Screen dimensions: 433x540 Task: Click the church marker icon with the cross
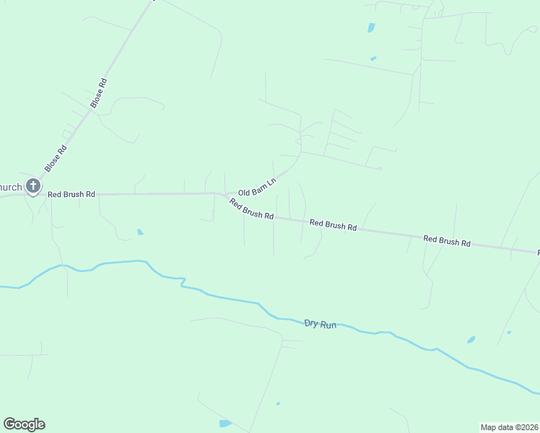click(32, 186)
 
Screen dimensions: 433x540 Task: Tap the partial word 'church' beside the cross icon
click(10, 187)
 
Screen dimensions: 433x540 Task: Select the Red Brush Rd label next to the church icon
click(71, 194)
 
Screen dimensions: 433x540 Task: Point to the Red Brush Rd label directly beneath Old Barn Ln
click(251, 209)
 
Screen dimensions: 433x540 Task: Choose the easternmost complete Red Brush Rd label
click(446, 241)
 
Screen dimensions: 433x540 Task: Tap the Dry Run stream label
click(321, 324)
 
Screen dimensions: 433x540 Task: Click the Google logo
click(24, 424)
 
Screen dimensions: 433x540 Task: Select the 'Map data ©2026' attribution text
click(510, 427)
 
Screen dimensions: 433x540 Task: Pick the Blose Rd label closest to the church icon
click(56, 159)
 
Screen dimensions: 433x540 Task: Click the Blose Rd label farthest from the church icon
click(98, 93)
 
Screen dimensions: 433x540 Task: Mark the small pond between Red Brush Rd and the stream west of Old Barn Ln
click(140, 232)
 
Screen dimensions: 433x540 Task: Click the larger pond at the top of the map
click(371, 28)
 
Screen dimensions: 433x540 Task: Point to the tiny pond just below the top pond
click(373, 58)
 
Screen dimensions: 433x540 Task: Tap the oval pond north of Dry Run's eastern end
click(471, 339)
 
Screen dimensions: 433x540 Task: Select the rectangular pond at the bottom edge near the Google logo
click(225, 424)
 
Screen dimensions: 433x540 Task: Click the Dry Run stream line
click(217, 296)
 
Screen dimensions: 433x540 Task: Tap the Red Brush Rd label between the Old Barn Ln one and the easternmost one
click(333, 225)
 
